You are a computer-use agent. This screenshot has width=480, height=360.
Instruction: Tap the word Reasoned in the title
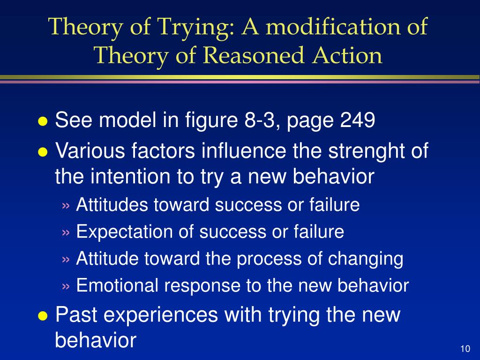pos(253,55)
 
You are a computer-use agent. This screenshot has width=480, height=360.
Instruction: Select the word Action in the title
pos(347,55)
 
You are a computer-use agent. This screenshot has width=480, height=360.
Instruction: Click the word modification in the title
pos(333,26)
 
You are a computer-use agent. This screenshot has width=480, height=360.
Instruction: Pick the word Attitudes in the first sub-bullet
pos(112,204)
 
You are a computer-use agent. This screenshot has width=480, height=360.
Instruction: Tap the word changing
pos(366,259)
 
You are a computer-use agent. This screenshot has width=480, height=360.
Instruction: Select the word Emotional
pos(117,285)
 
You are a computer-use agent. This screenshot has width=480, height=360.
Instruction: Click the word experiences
pos(161,315)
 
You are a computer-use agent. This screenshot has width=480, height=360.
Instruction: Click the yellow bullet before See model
pos(43,121)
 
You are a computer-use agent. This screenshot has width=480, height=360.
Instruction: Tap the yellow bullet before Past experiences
pos(43,315)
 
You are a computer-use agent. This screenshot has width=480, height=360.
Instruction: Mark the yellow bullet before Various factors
pos(43,152)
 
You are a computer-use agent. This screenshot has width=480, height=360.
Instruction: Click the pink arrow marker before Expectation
pos(66,232)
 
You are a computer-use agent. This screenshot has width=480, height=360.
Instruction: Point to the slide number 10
pos(465,349)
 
